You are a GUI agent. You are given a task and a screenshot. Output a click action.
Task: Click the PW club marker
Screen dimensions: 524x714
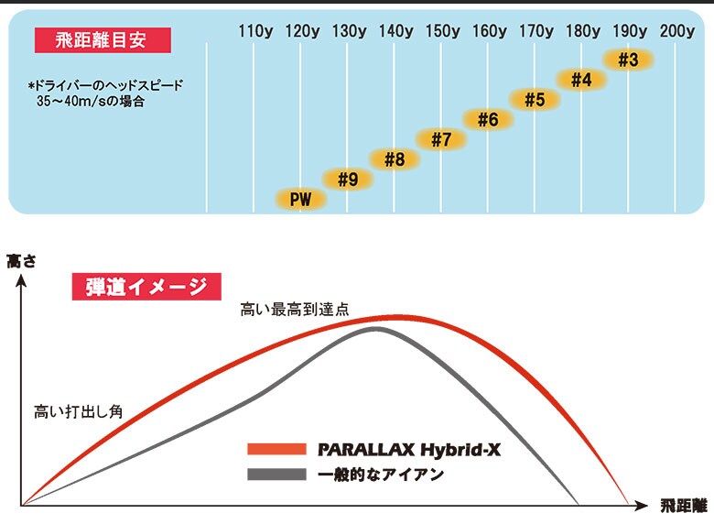point(300,199)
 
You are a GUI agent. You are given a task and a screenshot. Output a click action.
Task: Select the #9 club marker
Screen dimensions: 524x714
point(347,180)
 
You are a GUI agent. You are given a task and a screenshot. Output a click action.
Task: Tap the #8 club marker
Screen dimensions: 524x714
point(395,159)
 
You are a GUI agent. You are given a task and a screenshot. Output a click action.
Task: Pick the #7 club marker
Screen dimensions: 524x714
point(441,139)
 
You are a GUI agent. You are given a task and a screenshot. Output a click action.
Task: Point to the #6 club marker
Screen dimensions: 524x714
point(488,119)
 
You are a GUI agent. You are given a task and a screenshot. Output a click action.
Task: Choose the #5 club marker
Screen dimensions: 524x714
point(535,99)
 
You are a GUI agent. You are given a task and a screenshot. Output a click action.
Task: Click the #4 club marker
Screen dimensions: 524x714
point(581,80)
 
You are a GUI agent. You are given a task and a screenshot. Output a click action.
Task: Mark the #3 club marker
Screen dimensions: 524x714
point(628,60)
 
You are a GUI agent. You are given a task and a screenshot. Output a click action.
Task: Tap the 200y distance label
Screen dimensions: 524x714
point(676,31)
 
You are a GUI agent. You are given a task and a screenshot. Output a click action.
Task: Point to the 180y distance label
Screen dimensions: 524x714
point(582,31)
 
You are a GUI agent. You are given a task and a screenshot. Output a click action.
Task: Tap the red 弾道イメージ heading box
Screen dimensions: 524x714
point(146,287)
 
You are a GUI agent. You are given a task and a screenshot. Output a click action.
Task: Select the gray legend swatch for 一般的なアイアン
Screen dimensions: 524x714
point(276,475)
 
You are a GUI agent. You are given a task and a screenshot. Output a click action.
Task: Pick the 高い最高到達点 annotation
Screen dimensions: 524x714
point(288,311)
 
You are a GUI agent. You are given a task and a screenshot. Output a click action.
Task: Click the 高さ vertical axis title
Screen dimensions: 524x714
point(20,261)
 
